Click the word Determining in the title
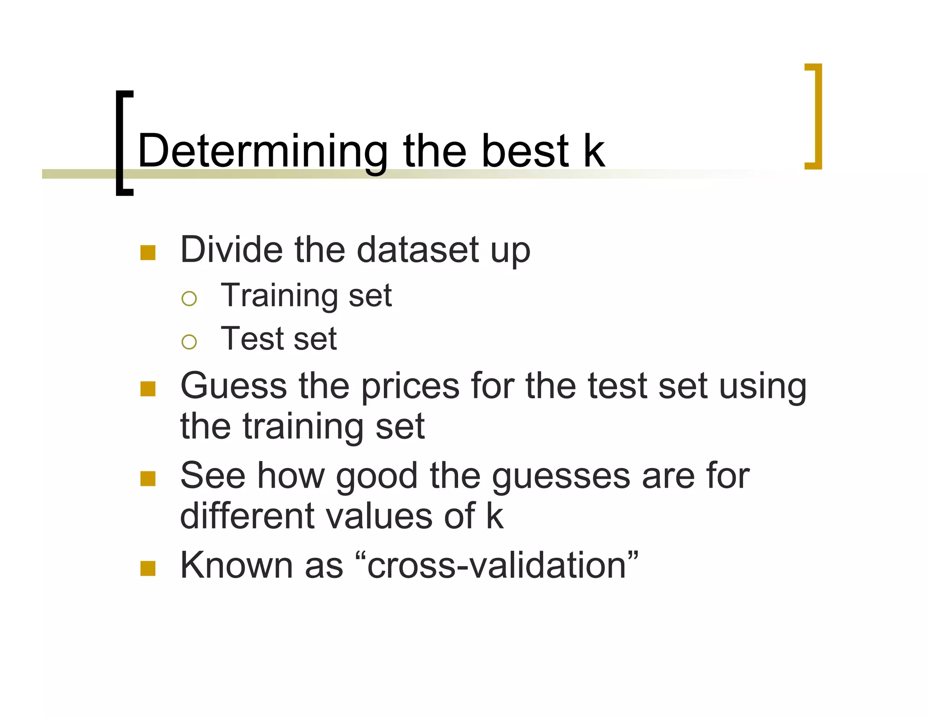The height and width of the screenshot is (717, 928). coord(263,151)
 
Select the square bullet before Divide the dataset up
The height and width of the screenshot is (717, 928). coord(148,252)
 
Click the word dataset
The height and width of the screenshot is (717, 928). coord(418,250)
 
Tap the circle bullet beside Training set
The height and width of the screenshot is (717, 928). coord(189,299)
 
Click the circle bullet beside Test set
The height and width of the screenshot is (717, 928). coord(189,342)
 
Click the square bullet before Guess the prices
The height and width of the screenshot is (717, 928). coord(148,389)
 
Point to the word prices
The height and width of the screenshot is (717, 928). coord(410,387)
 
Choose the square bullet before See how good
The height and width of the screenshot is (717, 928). coord(148,479)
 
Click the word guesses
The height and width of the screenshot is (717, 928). coord(561,477)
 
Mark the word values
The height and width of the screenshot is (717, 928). coord(379,516)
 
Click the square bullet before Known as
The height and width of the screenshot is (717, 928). coord(148,568)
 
